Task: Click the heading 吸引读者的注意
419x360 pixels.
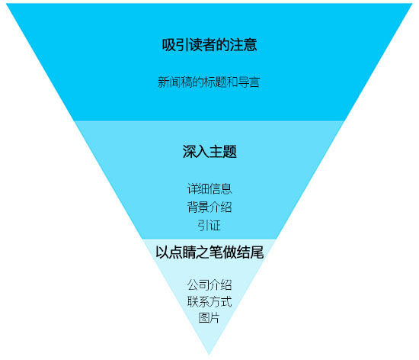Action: click(209, 45)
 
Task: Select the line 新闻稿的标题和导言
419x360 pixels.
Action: click(209, 82)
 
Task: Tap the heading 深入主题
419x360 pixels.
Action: click(209, 151)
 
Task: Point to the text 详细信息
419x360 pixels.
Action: click(209, 189)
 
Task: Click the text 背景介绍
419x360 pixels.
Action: click(209, 207)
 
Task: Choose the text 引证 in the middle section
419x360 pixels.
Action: click(209, 225)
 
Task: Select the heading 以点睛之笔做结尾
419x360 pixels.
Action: click(209, 252)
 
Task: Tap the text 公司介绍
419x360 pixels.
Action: click(209, 284)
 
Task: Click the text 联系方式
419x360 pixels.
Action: click(209, 302)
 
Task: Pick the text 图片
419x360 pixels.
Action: click(209, 318)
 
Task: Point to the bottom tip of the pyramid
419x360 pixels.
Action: click(209, 355)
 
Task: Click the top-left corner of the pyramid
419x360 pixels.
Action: click(6, 4)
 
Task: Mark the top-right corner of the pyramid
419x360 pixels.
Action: click(413, 4)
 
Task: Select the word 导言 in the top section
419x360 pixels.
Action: click(249, 82)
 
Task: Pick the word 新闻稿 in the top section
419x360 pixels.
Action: click(174, 82)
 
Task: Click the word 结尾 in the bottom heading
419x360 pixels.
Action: click(251, 252)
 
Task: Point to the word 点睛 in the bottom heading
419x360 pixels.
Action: click(183, 252)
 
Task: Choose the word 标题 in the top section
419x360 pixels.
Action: click(215, 82)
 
